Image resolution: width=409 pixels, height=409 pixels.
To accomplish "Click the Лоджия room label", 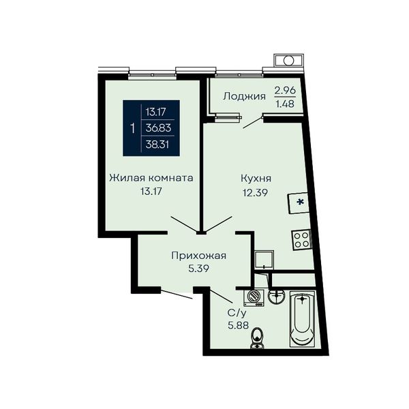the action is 245,97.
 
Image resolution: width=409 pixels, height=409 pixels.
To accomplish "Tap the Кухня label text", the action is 256,179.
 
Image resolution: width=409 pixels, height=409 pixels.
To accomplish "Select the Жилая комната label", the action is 151,178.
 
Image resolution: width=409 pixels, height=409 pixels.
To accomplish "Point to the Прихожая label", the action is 199,256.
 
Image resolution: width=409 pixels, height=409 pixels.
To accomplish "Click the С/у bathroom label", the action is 237,313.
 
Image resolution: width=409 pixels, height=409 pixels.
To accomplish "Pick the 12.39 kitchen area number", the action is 256,193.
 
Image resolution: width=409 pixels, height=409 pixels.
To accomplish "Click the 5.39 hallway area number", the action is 199,269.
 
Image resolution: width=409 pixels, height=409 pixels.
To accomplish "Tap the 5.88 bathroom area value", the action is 238,326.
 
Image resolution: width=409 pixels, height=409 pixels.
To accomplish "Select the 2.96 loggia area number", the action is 285,90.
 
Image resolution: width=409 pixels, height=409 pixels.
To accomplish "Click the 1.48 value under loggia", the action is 285,104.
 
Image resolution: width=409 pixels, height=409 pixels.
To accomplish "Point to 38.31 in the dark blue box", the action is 157,145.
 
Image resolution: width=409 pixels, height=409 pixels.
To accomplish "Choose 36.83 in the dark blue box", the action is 158,128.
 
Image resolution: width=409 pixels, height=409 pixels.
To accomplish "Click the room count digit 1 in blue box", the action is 133,128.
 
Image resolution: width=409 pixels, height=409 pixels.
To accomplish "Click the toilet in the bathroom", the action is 257,338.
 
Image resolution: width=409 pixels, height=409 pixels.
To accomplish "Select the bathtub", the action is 303,319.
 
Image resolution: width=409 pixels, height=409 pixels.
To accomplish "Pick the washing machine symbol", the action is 254,298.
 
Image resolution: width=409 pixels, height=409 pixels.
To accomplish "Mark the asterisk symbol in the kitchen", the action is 301,202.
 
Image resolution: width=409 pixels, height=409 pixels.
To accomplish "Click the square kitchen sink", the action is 264,260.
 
